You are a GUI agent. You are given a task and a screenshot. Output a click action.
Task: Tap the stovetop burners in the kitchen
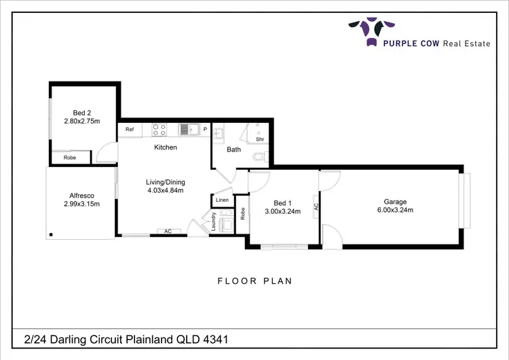tap(159, 129)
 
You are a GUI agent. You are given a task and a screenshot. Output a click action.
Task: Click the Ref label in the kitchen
tap(129, 129)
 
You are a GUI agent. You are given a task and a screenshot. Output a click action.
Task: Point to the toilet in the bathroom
tap(258, 156)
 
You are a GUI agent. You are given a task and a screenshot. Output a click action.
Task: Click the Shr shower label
tap(259, 139)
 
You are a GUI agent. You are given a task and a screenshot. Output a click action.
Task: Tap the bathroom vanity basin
tap(219, 133)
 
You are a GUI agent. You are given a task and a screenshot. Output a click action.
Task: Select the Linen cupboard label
tap(222, 200)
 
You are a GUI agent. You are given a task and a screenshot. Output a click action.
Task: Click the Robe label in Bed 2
tap(70, 158)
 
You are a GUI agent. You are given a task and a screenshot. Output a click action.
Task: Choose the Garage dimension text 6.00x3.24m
tap(395, 211)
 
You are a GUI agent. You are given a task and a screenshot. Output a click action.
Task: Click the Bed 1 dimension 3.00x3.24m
tap(282, 212)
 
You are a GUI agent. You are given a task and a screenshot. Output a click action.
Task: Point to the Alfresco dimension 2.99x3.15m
tap(81, 204)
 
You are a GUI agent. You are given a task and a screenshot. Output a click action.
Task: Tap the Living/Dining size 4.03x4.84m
tap(166, 190)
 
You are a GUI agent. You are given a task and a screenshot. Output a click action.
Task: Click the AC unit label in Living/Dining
tap(167, 232)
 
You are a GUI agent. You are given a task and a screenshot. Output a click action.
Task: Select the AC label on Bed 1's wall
tap(316, 206)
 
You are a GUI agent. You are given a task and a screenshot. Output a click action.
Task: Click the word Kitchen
tap(166, 147)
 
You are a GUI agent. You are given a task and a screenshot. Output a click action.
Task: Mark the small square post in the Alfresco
tap(51, 236)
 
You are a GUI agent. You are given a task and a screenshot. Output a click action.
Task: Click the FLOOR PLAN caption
tap(254, 281)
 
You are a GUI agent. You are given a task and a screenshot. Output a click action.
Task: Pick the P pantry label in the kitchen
tap(205, 129)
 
